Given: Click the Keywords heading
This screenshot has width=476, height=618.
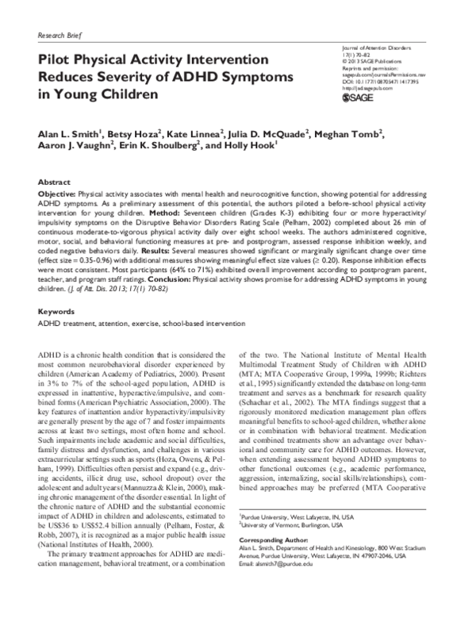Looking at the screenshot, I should (56, 291).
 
